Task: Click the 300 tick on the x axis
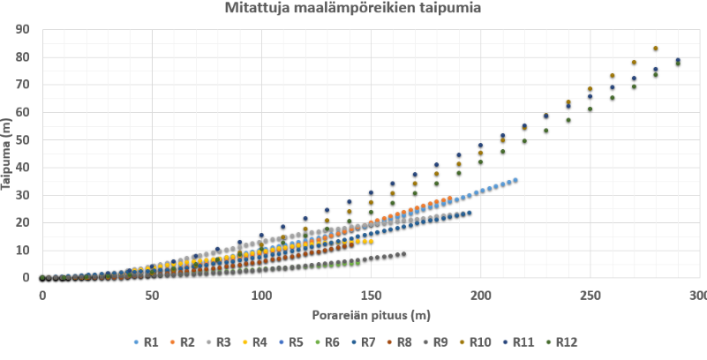click(698, 293)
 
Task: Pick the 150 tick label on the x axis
click(371, 293)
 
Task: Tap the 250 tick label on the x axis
click(589, 293)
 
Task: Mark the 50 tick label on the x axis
click(151, 293)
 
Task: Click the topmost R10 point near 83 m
click(656, 49)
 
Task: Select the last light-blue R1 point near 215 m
click(515, 180)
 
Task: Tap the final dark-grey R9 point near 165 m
click(403, 254)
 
